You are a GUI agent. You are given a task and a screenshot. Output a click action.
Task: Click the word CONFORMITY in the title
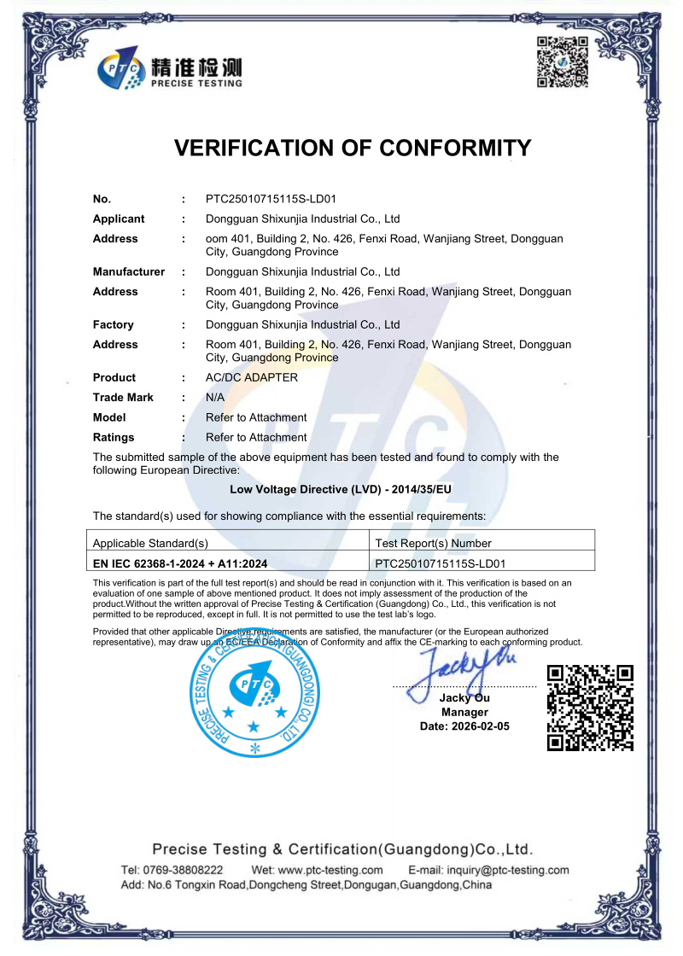tap(437, 148)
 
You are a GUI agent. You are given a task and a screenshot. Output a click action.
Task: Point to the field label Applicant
tap(119, 219)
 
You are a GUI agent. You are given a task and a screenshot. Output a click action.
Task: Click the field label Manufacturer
tap(129, 271)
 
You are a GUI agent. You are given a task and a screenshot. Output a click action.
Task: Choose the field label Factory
tap(114, 324)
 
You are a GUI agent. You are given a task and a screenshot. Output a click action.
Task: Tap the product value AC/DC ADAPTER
tap(252, 377)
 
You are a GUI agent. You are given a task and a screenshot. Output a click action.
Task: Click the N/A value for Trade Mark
tap(215, 397)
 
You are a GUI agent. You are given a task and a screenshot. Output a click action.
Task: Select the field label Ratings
tap(114, 437)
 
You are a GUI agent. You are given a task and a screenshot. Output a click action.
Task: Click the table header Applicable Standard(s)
tap(150, 543)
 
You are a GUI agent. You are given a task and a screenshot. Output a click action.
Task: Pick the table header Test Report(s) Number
tap(434, 543)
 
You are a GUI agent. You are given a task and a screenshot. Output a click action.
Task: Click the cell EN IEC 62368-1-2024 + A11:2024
tap(180, 563)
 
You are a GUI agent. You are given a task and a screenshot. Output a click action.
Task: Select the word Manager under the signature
tap(464, 712)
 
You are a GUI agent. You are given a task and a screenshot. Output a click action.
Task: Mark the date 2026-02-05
tap(481, 726)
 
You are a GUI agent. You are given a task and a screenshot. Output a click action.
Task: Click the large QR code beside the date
tap(590, 708)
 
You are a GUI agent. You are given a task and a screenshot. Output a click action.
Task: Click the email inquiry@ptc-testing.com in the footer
tap(488, 870)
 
